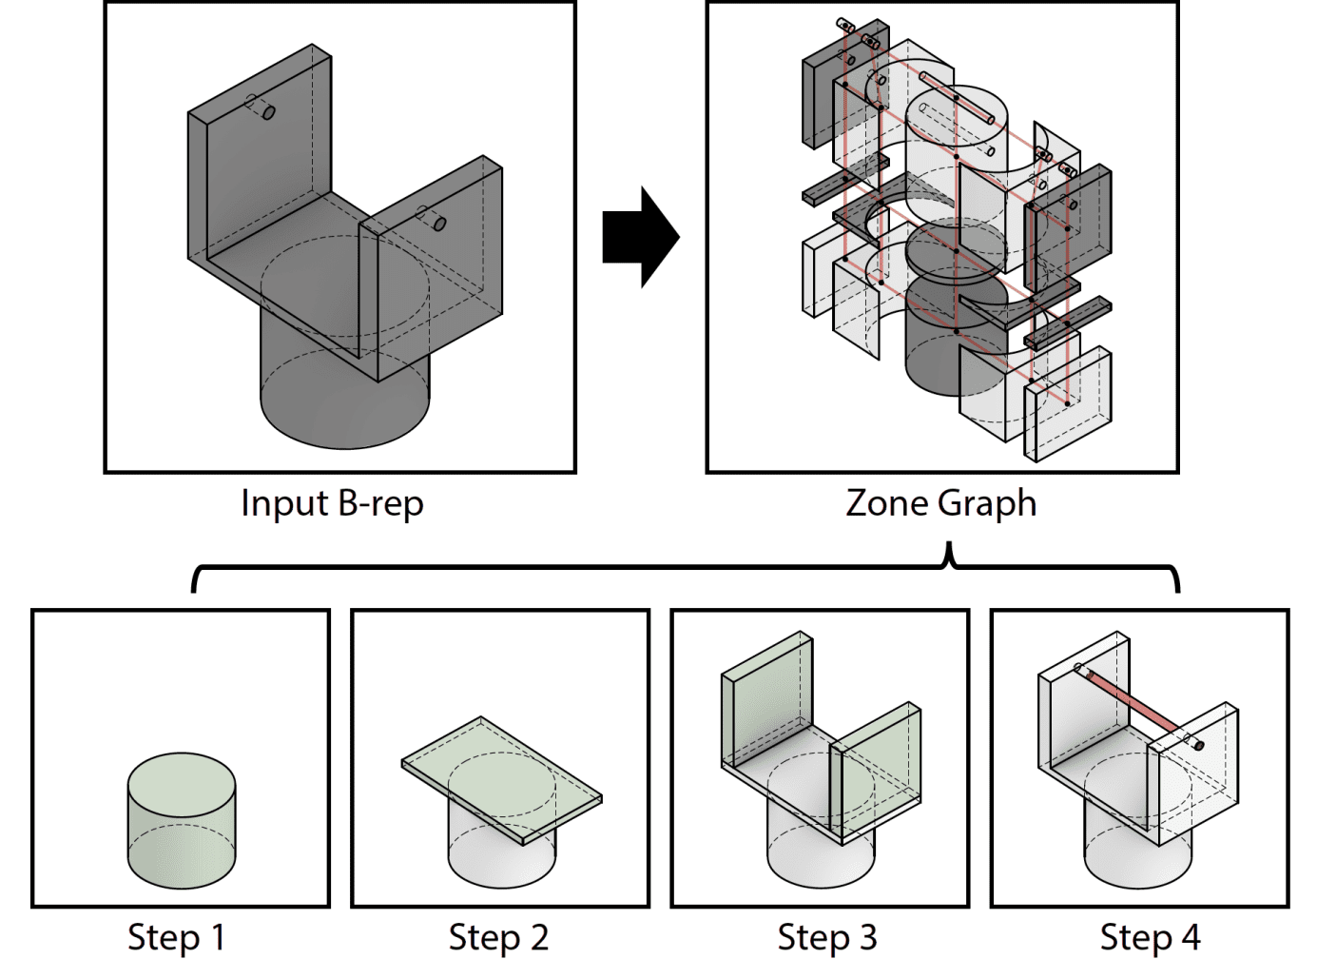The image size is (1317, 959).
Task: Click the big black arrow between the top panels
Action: (639, 237)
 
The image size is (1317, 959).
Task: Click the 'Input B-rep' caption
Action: (332, 503)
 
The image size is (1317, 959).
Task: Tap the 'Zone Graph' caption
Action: (940, 503)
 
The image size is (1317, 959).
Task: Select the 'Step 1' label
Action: (177, 937)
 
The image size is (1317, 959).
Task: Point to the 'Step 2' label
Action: (498, 937)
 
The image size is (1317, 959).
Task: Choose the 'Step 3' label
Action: (826, 937)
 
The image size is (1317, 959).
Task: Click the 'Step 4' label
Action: (1150, 937)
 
